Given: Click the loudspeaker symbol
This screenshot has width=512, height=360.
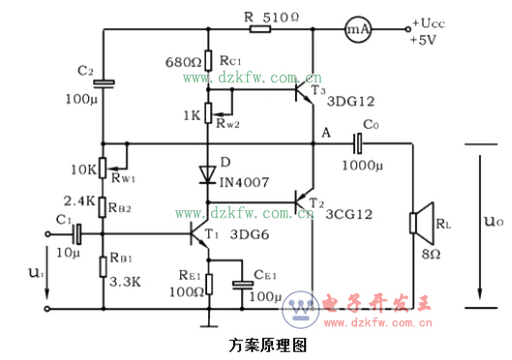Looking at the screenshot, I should coord(418,225).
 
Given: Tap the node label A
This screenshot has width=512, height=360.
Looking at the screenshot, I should coord(324,133).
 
